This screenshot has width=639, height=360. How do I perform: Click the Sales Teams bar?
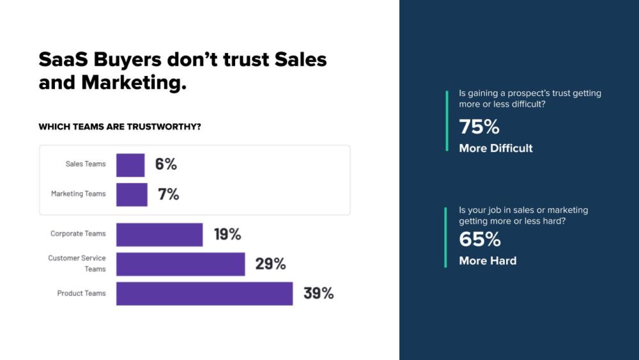(130, 165)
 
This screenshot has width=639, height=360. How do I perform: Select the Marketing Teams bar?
(132, 194)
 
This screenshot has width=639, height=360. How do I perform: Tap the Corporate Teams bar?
(159, 235)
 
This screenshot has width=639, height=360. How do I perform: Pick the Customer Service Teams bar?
(180, 264)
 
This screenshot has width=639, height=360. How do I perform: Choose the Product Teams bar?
(204, 293)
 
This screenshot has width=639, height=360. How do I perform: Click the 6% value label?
(166, 164)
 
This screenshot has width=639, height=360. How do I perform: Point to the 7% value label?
(168, 194)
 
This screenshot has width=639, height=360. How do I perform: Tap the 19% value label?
(227, 234)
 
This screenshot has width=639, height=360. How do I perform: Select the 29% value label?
(270, 263)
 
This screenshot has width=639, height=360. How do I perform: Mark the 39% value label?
(318, 293)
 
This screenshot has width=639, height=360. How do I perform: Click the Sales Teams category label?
(86, 164)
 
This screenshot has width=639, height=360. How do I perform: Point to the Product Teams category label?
(82, 293)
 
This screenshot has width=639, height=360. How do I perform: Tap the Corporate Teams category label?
(78, 234)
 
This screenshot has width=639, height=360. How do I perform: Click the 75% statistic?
(479, 127)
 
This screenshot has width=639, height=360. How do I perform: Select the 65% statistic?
(480, 240)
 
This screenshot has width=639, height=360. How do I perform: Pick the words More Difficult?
(496, 148)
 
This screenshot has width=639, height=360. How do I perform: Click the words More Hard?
(488, 261)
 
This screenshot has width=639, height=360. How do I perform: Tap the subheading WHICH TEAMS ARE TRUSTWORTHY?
(120, 127)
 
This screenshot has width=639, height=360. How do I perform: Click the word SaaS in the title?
(63, 59)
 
